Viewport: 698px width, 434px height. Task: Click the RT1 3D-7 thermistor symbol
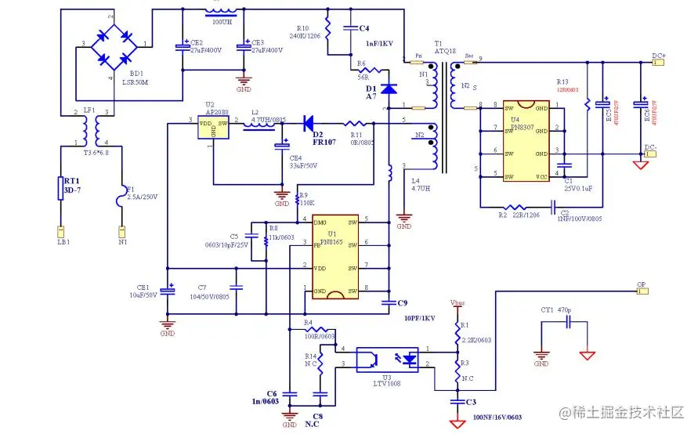coord(60,189)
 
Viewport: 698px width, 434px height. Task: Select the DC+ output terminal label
coord(659,56)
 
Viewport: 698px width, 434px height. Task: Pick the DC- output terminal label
coord(659,147)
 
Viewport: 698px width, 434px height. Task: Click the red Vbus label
coord(457,302)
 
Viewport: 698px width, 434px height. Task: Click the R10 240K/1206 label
coord(311,32)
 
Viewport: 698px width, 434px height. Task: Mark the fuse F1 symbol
coord(121,196)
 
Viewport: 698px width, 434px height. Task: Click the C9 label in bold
coord(403,302)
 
